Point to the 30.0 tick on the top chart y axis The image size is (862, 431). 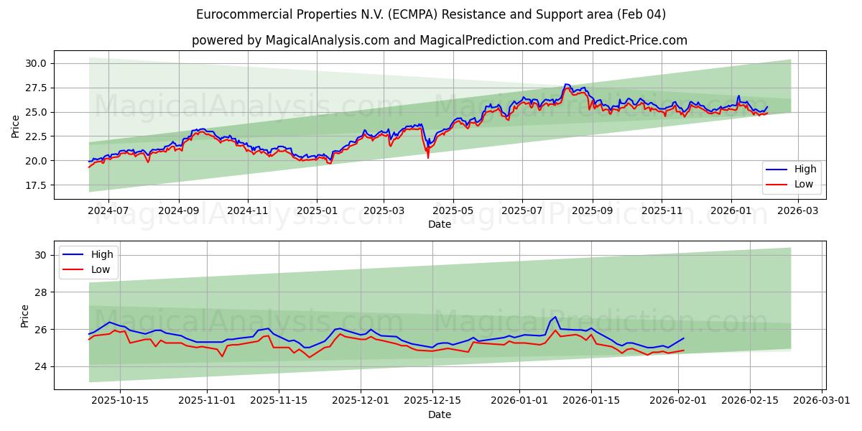point(35,63)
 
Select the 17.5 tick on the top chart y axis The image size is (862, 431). point(35,185)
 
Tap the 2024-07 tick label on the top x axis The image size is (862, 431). point(108,211)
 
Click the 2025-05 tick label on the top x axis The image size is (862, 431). point(453,211)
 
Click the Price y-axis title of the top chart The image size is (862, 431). point(16,126)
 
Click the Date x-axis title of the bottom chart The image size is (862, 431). point(440,414)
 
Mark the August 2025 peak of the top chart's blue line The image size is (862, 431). point(566,84)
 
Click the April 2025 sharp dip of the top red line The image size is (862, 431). point(428,157)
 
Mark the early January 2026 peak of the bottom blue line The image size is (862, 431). point(555,317)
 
